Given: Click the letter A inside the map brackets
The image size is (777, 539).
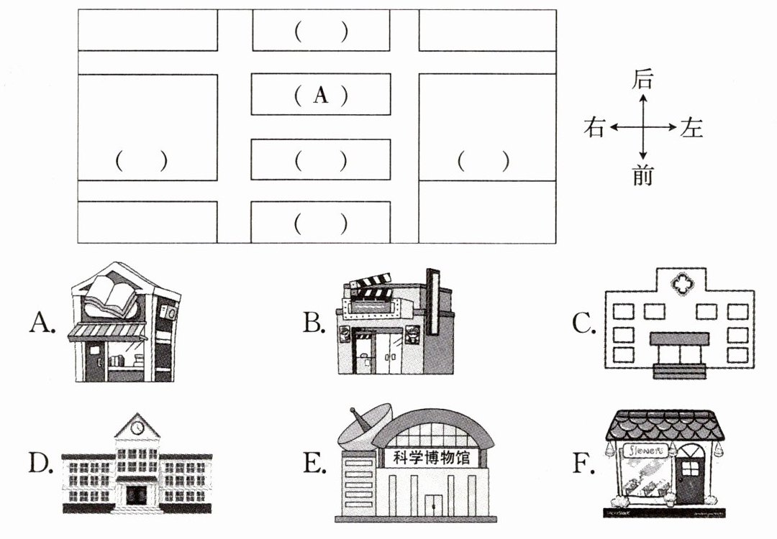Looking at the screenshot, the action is pos(321,95).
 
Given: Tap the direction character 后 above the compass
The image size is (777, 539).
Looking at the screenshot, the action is pos(642,80).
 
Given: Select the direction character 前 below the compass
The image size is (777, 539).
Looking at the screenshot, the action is pos(642,175).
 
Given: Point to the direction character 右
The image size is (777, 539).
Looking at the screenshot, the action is pos(594,128).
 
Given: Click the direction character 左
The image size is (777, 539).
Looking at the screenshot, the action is pos(691,128).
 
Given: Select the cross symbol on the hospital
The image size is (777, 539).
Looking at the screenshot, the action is pos(679,284).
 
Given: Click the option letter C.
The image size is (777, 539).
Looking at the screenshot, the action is pos(583,324).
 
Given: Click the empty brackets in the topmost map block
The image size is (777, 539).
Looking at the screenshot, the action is pos(321,32).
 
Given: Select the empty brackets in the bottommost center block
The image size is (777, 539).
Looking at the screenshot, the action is pos(321,224).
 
